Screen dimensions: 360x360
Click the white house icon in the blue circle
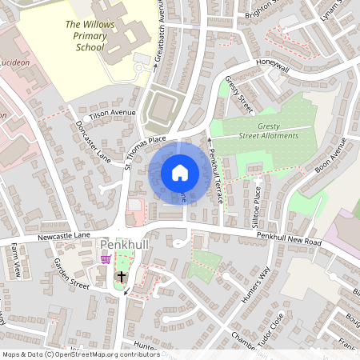click(x=179, y=172)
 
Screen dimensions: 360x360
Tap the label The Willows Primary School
click(x=85, y=35)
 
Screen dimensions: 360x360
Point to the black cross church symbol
click(x=122, y=277)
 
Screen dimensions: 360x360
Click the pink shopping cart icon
click(x=106, y=259)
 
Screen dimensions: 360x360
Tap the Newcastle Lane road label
click(x=63, y=238)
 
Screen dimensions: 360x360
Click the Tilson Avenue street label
click(x=113, y=114)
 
